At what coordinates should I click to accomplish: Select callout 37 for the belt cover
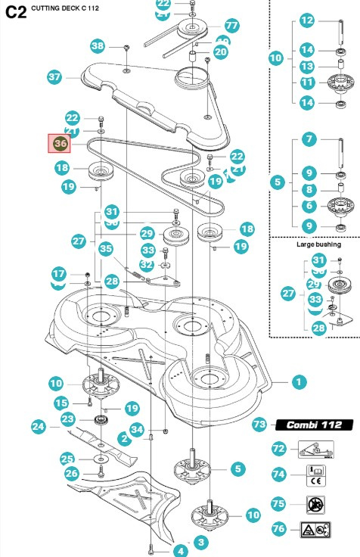point(54,77)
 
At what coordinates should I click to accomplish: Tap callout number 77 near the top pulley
point(231,26)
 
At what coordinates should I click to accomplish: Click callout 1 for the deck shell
point(299,382)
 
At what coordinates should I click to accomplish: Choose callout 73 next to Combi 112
point(259,425)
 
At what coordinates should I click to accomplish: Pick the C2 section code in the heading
point(15,11)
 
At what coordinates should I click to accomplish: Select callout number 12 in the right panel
point(306,20)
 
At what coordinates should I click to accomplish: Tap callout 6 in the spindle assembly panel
point(308,205)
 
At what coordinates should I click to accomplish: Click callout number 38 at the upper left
point(98,46)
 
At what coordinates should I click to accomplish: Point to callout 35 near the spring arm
point(106,247)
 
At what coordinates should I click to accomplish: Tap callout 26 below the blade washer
point(70,475)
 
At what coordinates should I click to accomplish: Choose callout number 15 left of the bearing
point(62,403)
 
